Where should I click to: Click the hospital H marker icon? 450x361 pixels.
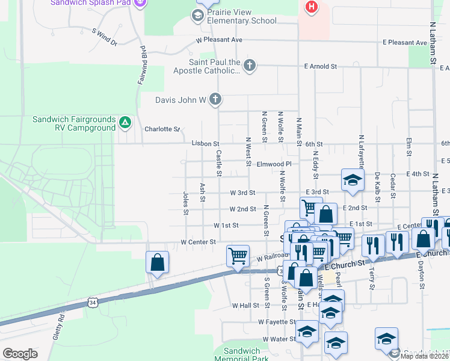311,7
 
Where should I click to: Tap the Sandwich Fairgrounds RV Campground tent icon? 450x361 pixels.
125,123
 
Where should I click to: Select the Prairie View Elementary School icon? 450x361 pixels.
197,16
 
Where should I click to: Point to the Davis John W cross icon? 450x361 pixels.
216,100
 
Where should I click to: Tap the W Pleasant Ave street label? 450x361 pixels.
219,40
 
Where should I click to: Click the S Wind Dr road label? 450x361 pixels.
104,37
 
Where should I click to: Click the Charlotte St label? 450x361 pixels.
162,129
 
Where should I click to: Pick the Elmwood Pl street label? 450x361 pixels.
274,164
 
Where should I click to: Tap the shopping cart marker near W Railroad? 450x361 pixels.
238,256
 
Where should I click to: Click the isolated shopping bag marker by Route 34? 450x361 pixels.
157,262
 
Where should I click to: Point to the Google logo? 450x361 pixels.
20,354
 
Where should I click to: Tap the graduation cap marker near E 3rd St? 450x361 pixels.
353,180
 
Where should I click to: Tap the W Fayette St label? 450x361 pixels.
278,322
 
